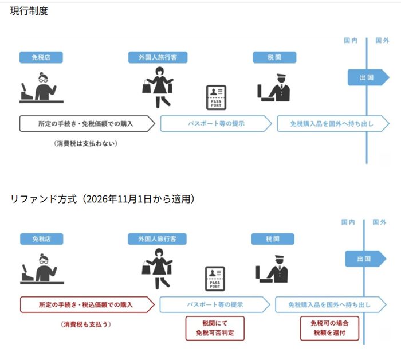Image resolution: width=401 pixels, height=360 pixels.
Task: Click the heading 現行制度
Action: click(29, 11)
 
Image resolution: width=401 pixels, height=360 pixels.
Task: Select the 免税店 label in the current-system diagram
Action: click(41, 57)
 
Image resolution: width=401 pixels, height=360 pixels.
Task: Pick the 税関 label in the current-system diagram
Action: click(274, 57)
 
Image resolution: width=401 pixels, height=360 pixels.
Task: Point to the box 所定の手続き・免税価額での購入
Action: click(87, 124)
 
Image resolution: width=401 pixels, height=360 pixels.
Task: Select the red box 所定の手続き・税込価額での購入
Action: click(87, 305)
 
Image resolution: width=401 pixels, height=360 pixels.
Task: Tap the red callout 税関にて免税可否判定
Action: click(215, 328)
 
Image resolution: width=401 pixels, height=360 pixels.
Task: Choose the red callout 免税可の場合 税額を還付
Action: click(330, 328)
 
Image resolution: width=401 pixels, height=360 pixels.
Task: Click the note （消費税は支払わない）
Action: click(86, 143)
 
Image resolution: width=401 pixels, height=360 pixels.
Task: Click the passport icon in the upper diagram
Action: click(217, 97)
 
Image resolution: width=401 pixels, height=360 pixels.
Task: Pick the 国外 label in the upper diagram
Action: click(382, 41)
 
